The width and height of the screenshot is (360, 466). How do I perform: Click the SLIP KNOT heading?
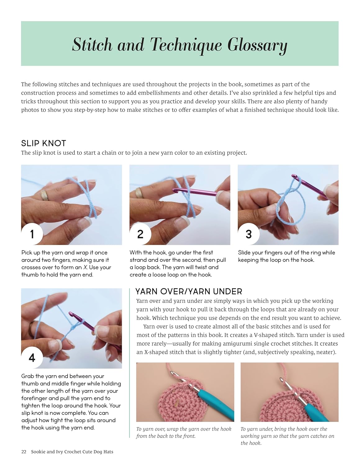43,143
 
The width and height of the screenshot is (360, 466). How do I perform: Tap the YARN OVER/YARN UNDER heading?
189,292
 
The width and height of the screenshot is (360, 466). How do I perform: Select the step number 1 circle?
32,234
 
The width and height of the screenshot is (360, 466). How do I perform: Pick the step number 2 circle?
140,234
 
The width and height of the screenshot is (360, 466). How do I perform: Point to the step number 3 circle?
249,234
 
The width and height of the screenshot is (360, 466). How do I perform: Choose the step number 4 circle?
32,358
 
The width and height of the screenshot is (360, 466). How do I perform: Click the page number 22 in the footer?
24,452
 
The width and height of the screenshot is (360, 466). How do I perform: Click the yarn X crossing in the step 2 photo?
189,203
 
